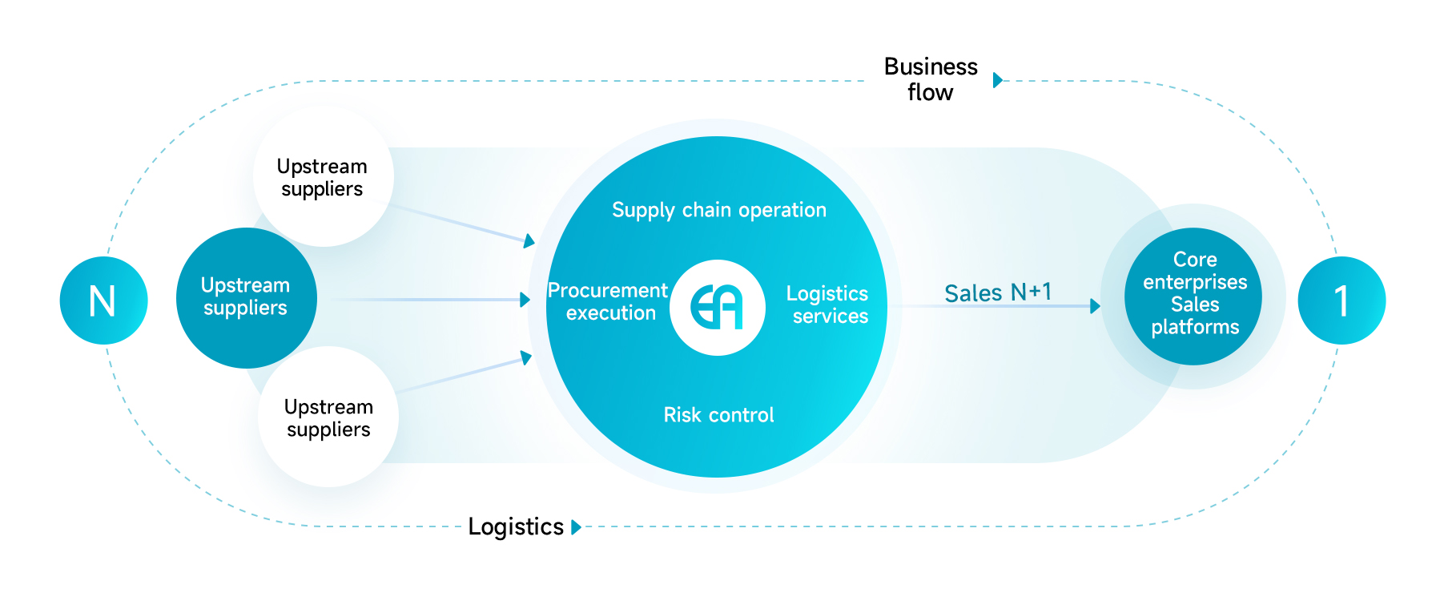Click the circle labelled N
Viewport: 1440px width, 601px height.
coord(103,300)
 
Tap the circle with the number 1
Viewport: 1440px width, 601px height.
coord(1341,300)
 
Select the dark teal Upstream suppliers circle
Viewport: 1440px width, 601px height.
coord(246,297)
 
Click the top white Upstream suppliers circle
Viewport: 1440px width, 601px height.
coord(323,177)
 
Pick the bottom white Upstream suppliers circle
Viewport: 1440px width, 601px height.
coord(328,417)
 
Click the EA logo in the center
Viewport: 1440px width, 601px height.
coord(718,307)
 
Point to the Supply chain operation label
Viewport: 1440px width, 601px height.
coord(718,210)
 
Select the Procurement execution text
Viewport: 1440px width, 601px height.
coord(609,301)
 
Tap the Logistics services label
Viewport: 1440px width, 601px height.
coord(828,305)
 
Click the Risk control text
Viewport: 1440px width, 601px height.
coord(718,415)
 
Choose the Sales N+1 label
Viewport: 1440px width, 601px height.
coord(997,292)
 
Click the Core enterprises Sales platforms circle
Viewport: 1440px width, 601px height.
coord(1193,294)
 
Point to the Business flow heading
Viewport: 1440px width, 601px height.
coord(931,79)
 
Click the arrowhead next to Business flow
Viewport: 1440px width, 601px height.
coord(997,80)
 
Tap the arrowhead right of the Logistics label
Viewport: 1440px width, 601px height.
coord(576,527)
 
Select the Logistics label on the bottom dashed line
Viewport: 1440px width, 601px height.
coord(516,526)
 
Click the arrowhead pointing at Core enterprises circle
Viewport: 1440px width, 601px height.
coord(1095,306)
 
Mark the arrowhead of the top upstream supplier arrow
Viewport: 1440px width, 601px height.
coord(529,240)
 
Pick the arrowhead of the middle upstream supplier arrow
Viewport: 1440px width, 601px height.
coord(525,300)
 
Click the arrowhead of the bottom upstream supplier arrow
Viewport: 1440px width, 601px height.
coord(526,357)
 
